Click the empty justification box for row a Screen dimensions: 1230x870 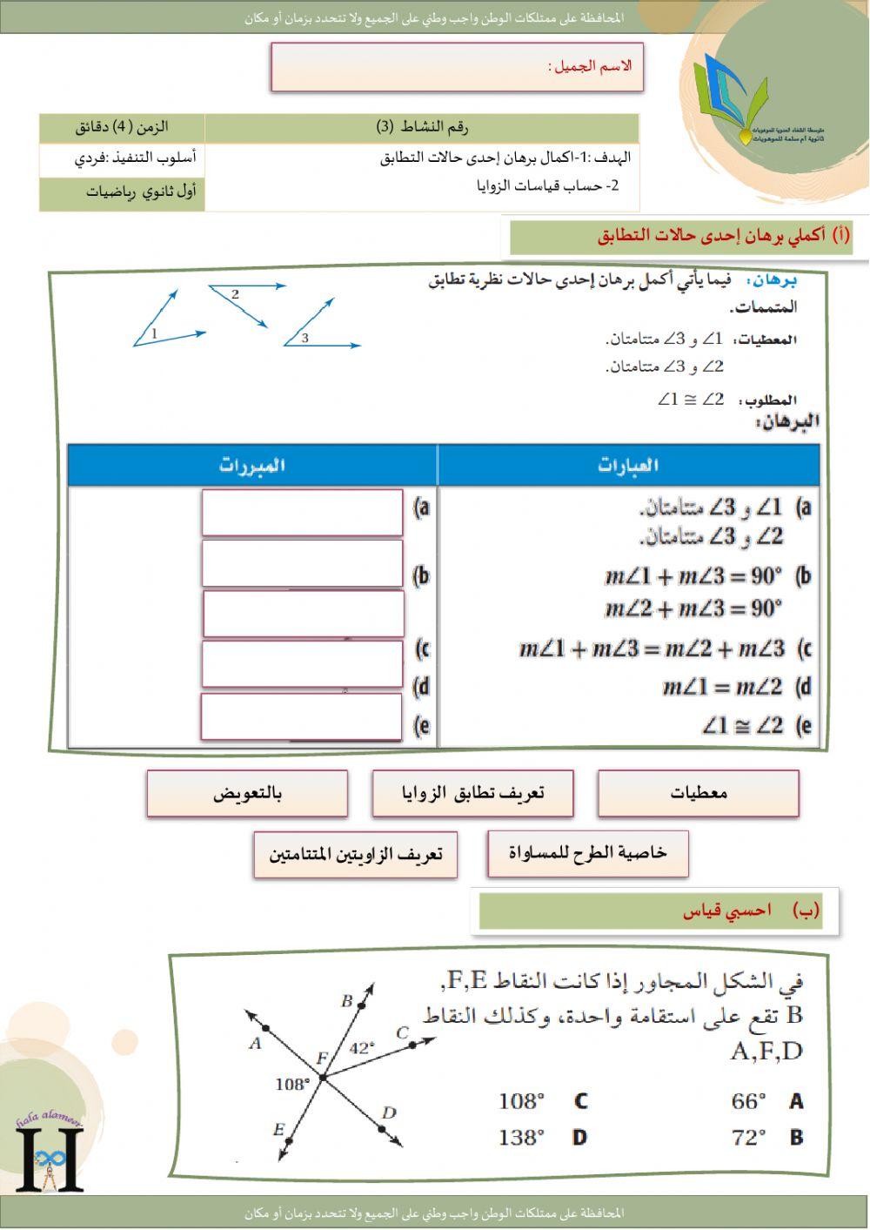coord(302,514)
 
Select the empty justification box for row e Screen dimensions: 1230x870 coord(301,717)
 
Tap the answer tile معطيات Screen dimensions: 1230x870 coord(698,793)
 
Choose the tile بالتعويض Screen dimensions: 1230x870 coord(247,793)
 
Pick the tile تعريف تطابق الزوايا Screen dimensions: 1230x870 coord(472,793)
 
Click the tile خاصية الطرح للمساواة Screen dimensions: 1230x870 coord(588,853)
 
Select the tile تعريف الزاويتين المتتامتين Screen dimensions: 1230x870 coord(355,854)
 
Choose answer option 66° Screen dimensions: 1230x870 coord(749,1101)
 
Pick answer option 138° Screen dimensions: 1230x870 coord(521,1137)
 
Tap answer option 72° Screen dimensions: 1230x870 coord(749,1137)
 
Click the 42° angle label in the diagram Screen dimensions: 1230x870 coord(361,1048)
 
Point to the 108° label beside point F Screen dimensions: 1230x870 coord(292,1084)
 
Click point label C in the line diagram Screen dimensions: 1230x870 coord(402,1033)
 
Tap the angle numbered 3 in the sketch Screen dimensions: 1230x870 coord(304,338)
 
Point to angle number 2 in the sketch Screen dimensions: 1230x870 coord(235,294)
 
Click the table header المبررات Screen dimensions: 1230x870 coord(252,465)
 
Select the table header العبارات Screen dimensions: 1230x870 coord(628,465)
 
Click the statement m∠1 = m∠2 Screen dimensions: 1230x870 coord(722,688)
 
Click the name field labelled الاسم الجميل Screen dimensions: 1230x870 coord(457,67)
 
